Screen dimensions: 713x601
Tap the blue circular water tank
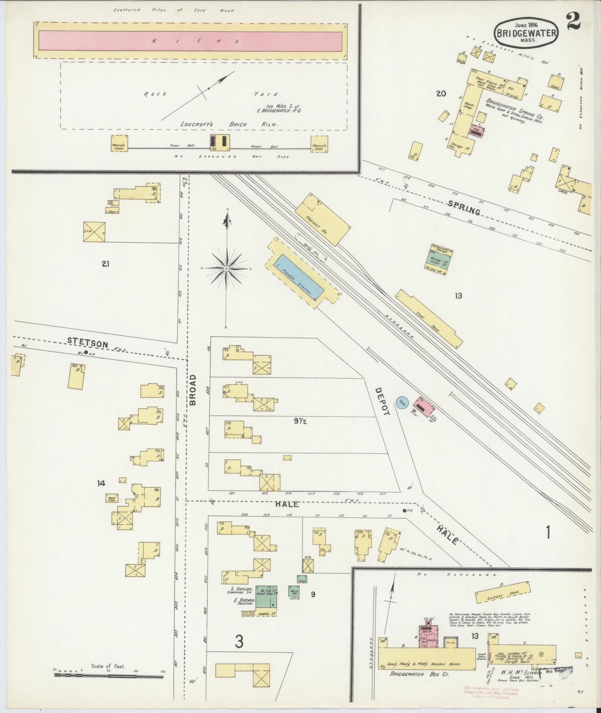click(x=402, y=403)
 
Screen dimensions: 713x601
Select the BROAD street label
click(x=193, y=390)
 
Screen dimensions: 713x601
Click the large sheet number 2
click(x=573, y=22)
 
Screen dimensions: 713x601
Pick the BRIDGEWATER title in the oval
click(x=526, y=33)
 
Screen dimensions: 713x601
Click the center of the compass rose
click(x=227, y=268)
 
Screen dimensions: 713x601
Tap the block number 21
click(x=105, y=264)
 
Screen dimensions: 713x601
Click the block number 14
click(x=101, y=483)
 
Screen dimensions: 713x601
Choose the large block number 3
click(x=239, y=642)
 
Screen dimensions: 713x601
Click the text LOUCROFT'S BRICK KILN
click(x=230, y=124)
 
